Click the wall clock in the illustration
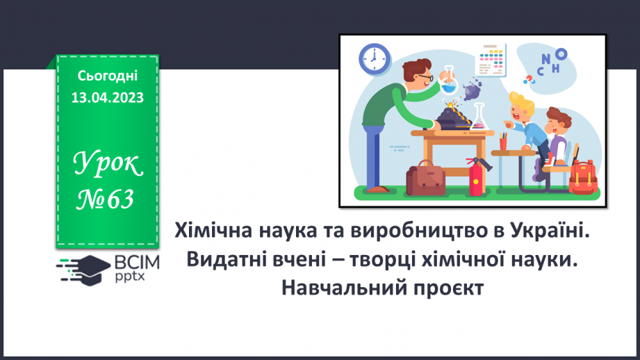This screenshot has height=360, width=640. tap(375, 59)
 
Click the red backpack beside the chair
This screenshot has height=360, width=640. tap(582, 176)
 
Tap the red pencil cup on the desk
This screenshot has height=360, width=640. tap(503, 142)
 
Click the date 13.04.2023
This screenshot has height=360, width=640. tap(108, 98)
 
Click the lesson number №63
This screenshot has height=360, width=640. tap(106, 200)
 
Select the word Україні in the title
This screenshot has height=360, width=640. tap(549, 229)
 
